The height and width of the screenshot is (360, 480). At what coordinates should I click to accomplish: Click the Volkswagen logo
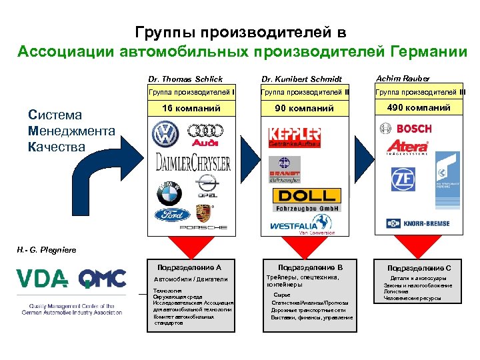click(165, 135)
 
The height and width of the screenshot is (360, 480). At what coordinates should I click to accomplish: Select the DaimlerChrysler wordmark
click(193, 163)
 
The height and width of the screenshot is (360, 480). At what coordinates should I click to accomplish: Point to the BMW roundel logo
click(169, 193)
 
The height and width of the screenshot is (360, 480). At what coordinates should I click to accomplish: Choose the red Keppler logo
click(294, 135)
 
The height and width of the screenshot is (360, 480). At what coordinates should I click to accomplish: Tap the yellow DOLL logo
click(307, 195)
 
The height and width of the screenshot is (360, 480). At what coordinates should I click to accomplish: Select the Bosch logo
click(406, 128)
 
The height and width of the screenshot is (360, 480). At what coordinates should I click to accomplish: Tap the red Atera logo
click(408, 147)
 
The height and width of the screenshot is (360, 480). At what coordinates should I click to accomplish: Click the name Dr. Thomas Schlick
click(186, 79)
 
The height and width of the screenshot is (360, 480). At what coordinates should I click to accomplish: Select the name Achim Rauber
click(403, 79)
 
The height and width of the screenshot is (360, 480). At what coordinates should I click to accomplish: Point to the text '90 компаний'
click(306, 108)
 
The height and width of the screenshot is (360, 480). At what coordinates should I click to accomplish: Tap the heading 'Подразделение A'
click(191, 267)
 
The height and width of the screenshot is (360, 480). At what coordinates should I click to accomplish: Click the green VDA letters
click(41, 279)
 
